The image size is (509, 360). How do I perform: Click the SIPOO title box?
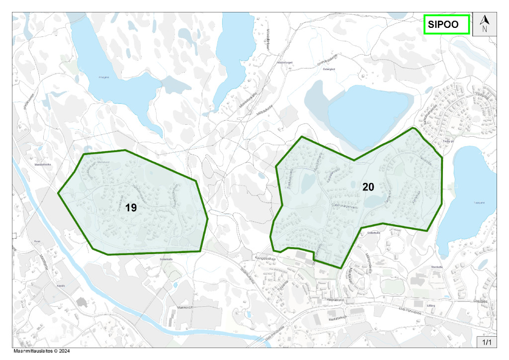pyautogui.click(x=446, y=24)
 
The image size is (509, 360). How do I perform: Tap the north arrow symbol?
pyautogui.click(x=485, y=23)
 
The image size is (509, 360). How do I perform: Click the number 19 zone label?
pyautogui.click(x=131, y=207)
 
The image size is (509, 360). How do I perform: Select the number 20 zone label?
pyautogui.click(x=368, y=187)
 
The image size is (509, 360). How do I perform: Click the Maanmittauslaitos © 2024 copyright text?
pyautogui.click(x=41, y=351)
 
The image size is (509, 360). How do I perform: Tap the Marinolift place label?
pyautogui.click(x=185, y=307)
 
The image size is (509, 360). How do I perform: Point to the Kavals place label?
pyautogui.click(x=62, y=286)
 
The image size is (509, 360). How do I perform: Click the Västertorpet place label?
pyautogui.click(x=285, y=63)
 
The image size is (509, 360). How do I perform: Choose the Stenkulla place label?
pyautogui.click(x=437, y=267)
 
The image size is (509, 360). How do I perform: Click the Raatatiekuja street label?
pyautogui.click(x=337, y=317)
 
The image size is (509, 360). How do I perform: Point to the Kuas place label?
pyautogui.click(x=37, y=241)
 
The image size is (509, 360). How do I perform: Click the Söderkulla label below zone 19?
pyautogui.click(x=166, y=259)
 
